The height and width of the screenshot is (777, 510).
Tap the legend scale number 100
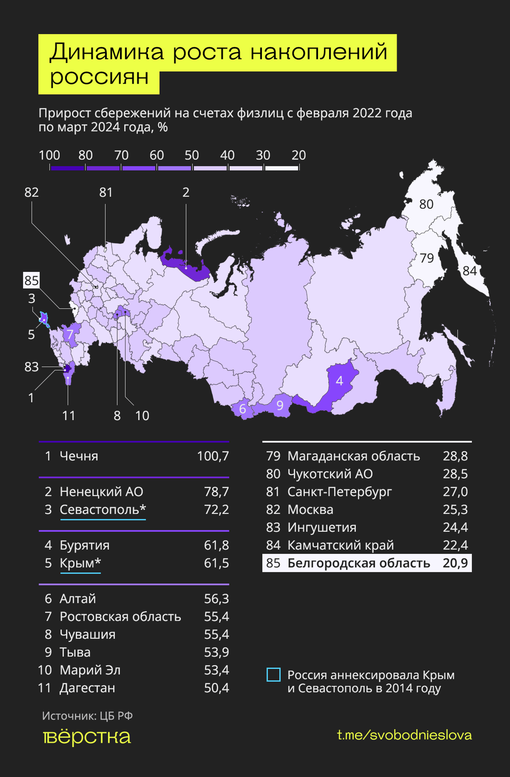(49, 155)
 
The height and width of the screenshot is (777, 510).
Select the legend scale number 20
(298, 155)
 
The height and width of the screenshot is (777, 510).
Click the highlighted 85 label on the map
(31, 280)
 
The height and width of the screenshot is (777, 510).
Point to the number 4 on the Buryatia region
(339, 381)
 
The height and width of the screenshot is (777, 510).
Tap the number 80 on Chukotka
(426, 205)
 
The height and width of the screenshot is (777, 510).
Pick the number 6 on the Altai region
(242, 409)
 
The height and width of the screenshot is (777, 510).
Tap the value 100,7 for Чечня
(213, 456)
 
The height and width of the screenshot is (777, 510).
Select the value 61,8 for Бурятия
(216, 545)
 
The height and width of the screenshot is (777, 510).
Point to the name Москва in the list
(310, 510)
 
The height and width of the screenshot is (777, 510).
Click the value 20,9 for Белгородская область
(455, 563)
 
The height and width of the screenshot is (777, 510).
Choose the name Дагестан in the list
(87, 688)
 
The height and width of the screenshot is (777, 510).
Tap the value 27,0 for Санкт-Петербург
(455, 492)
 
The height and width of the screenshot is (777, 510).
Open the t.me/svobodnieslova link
(404, 735)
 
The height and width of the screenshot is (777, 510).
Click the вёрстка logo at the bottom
(87, 737)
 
